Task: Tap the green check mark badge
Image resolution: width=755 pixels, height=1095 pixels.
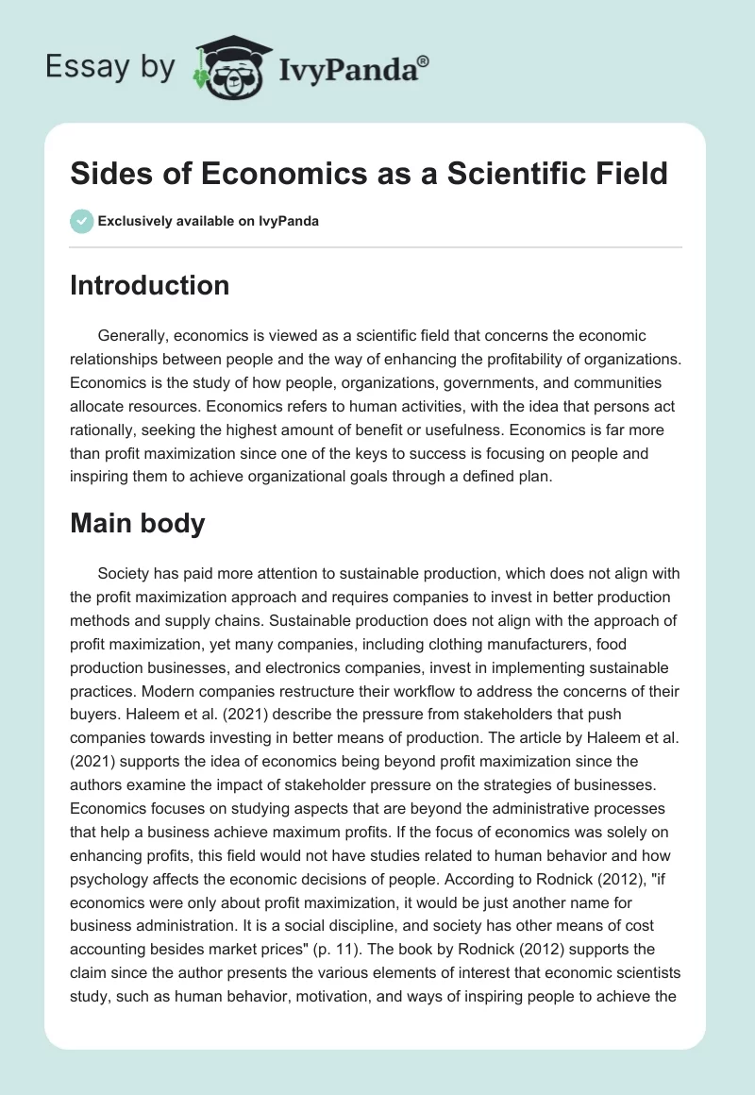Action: coord(81,221)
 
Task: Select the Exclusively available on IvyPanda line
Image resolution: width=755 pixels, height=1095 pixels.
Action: coord(208,221)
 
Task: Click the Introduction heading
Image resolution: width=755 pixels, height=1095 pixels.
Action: coord(149,285)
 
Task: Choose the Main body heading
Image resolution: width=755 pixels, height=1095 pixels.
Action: coord(137,523)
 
